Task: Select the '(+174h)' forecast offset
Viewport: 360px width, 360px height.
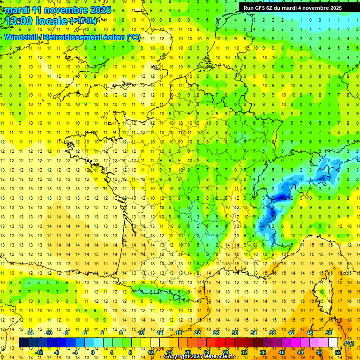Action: click(83, 21)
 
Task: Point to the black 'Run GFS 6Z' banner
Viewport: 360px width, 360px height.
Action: click(293, 7)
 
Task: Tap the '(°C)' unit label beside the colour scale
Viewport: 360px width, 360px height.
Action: click(349, 343)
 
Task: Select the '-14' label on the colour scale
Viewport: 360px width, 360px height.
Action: click(30, 333)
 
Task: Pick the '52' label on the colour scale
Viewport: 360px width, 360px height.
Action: click(338, 352)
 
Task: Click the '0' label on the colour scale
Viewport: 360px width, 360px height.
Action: click(92, 352)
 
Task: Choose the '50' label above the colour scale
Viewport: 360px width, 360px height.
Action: click(329, 333)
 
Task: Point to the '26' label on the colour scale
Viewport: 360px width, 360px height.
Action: click(216, 333)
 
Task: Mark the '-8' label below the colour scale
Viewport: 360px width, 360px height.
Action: click(56, 352)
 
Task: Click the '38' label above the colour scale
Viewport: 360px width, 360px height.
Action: click(272, 333)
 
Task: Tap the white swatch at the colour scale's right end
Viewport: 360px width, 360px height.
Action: click(333, 343)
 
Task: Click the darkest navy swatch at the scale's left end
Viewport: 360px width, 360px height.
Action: click(23, 343)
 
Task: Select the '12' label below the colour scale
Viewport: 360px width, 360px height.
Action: click(150, 352)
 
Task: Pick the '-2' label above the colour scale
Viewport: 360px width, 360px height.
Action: click(84, 333)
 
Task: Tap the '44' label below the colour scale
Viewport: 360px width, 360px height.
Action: click(300, 352)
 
